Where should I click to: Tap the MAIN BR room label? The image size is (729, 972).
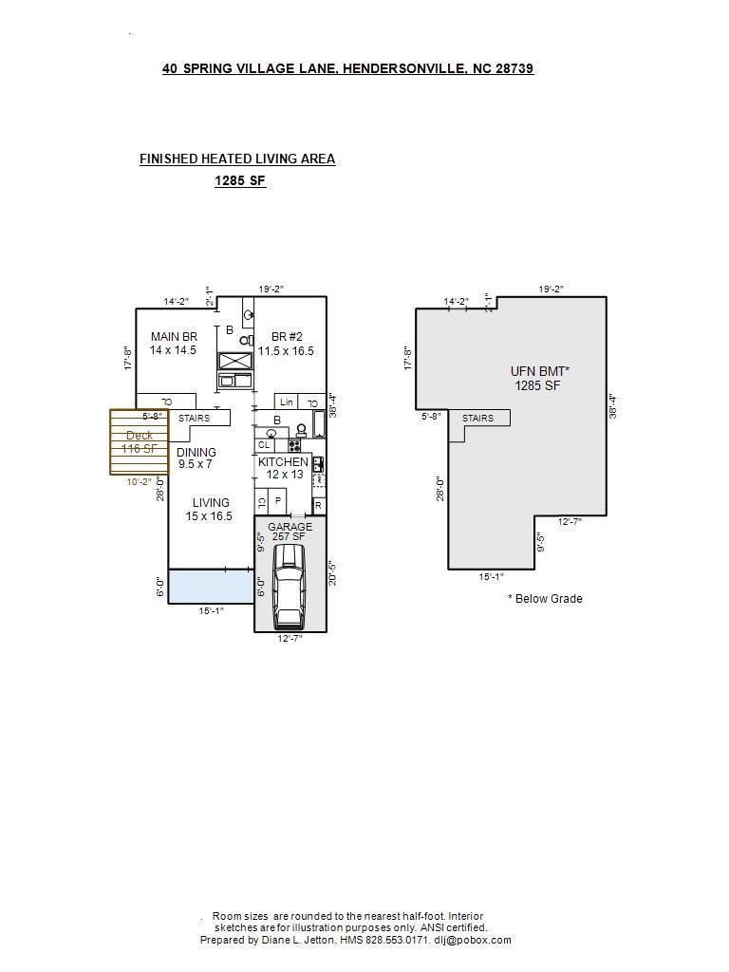coord(174,343)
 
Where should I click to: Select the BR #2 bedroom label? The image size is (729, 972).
coord(286,343)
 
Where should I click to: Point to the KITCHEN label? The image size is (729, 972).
coord(283,467)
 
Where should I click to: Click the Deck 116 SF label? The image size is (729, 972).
coord(139,442)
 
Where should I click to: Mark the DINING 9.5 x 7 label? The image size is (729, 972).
coord(196,458)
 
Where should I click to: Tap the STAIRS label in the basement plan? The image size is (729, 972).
coord(477,419)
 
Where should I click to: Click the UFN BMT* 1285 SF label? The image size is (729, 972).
coord(538,378)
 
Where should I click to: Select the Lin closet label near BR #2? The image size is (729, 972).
coord(286,402)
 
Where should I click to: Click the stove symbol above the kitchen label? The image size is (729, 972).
coord(294,444)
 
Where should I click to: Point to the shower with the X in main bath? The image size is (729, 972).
coord(234,361)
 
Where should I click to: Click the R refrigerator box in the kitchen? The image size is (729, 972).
coord(318,505)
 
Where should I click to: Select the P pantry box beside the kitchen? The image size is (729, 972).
coord(278,500)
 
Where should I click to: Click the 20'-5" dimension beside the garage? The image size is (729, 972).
coord(331,573)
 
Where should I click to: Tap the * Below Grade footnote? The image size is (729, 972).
coord(545,599)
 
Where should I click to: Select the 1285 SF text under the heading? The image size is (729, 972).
coord(240,180)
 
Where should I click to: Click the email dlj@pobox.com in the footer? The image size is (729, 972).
coord(473,940)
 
